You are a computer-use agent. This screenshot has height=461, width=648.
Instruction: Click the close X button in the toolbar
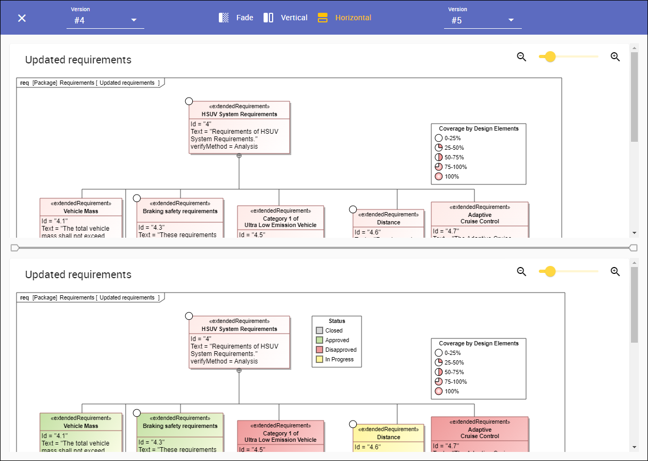[x=22, y=18]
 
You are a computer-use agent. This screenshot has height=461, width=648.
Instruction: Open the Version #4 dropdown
[x=105, y=20]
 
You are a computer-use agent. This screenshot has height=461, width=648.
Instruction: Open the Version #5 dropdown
[x=482, y=20]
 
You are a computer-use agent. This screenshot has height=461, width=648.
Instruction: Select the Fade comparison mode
[x=236, y=18]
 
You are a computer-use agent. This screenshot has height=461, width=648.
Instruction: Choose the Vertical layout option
[x=285, y=18]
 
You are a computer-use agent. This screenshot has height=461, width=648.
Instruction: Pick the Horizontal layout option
[x=344, y=18]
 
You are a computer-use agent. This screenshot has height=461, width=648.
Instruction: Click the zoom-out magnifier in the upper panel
[x=522, y=57]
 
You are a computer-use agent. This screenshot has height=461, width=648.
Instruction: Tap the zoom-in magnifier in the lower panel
[x=615, y=272]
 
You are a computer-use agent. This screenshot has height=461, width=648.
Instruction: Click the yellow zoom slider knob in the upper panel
[x=551, y=57]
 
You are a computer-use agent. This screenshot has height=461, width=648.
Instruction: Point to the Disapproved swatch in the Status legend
[x=319, y=350]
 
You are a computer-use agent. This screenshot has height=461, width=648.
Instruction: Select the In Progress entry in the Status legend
[x=336, y=359]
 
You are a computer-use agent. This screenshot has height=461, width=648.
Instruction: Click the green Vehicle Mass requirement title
[x=81, y=426]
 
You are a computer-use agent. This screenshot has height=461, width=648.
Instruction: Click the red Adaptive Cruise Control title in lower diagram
[x=480, y=433]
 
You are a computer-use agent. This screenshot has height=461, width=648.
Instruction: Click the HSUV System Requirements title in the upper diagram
[x=240, y=114]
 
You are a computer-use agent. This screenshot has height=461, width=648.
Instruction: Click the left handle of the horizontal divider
[x=14, y=248]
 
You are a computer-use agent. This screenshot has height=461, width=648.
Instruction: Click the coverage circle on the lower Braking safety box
[x=137, y=413]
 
